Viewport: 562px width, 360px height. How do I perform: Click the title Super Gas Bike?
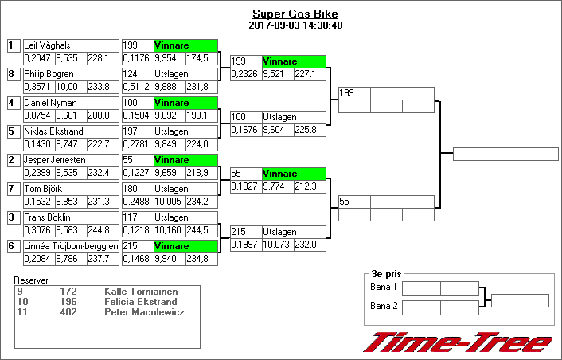click(295, 14)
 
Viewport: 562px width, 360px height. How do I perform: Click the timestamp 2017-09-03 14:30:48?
click(295, 25)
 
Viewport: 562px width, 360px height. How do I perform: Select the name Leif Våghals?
click(47, 46)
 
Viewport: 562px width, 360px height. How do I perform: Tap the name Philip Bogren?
click(49, 74)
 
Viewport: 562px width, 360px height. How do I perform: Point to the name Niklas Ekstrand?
click(51, 131)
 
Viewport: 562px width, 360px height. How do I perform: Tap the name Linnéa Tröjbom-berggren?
click(71, 246)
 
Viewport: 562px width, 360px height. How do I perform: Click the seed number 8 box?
click(12, 74)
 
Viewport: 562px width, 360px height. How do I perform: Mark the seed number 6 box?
click(12, 246)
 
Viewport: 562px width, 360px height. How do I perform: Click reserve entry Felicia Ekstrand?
click(140, 301)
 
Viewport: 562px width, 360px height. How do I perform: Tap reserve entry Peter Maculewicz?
click(145, 311)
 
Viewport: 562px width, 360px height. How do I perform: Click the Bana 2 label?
click(384, 306)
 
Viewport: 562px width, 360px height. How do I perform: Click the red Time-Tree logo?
click(458, 342)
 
